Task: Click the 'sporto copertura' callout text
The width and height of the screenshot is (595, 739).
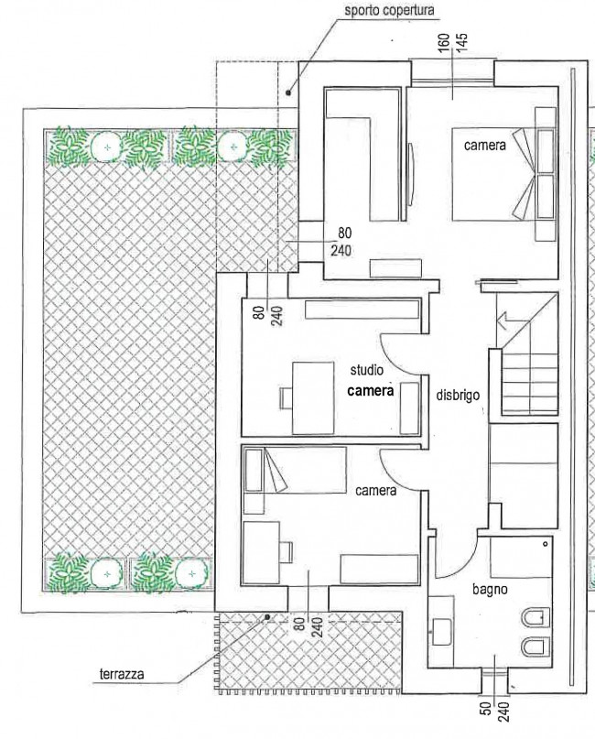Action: (x=389, y=10)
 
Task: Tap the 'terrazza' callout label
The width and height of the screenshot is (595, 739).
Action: (x=122, y=673)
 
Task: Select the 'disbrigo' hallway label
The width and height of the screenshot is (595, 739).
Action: (x=458, y=395)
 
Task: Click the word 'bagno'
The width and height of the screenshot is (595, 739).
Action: (x=491, y=589)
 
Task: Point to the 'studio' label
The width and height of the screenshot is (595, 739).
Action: (x=366, y=371)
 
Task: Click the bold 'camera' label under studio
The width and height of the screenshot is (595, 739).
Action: (x=371, y=390)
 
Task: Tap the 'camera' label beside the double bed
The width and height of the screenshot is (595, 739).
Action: (x=485, y=146)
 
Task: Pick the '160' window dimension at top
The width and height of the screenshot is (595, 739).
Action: (x=444, y=43)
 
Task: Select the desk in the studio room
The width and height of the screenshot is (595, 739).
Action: (x=313, y=397)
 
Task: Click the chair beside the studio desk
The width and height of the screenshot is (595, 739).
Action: (x=286, y=398)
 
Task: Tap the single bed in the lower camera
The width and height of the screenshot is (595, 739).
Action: (x=296, y=470)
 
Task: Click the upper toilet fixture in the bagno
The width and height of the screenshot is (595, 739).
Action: (x=536, y=618)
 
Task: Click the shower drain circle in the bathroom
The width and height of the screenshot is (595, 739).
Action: (x=546, y=544)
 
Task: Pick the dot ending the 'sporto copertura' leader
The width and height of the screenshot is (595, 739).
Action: (x=288, y=92)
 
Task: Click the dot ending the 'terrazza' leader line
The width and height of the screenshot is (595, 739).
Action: (x=267, y=616)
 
